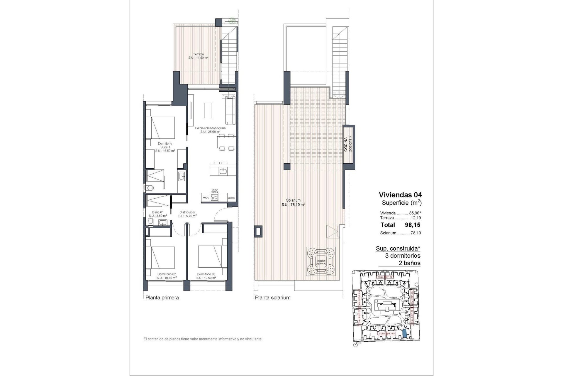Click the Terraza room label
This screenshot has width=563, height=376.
coord(198,56)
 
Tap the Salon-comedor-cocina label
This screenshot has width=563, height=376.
coord(211,130)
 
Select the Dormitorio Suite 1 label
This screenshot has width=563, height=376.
coord(165,147)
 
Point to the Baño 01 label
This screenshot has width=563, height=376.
coord(158,214)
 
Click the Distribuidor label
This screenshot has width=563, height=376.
coord(187,214)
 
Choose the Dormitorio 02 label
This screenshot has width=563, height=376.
coord(166,276)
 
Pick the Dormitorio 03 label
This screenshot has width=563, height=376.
coord(206,276)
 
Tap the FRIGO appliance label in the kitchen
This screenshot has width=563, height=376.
coord(206,198)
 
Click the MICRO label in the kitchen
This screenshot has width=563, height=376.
coord(231,198)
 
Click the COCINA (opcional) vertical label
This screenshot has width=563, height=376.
coord(348,144)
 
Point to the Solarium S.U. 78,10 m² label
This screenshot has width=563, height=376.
coord(293,202)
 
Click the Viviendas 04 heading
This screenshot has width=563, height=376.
coord(400,195)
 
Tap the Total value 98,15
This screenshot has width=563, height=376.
coord(413,225)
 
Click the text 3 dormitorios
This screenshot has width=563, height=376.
coord(403,256)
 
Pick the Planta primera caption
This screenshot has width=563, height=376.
coord(162,298)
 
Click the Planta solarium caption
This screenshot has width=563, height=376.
coord(273,298)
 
